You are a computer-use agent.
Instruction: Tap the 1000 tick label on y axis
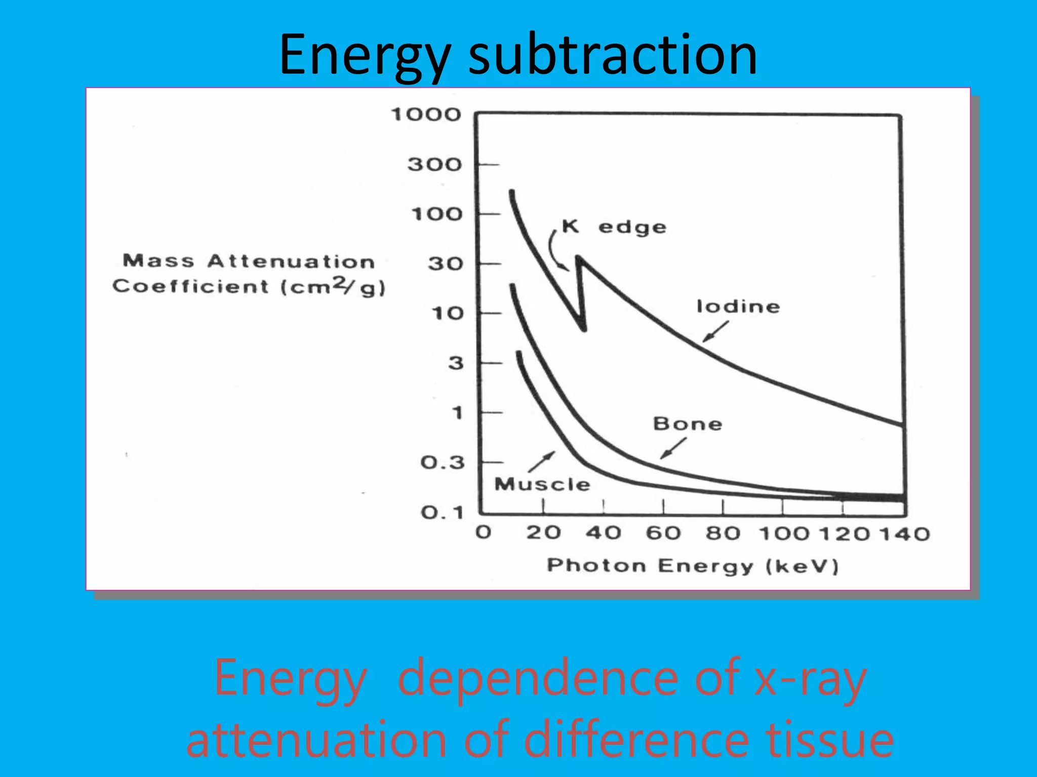tap(426, 115)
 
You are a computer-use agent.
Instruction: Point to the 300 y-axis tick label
tap(434, 164)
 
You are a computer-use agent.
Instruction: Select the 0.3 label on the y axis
tap(442, 462)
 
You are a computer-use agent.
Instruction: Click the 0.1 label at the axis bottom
tap(442, 513)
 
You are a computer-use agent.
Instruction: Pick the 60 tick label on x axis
tap(663, 533)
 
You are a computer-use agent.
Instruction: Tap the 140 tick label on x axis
tap(904, 534)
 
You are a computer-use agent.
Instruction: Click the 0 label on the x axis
tap(483, 532)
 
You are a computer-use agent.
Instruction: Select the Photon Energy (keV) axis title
tap(692, 566)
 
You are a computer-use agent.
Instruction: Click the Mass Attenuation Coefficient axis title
tap(249, 274)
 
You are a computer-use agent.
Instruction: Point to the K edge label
tap(614, 227)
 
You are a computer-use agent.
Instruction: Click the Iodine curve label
tap(738, 307)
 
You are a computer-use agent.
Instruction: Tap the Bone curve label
tap(687, 424)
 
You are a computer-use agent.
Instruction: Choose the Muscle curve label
tap(542, 484)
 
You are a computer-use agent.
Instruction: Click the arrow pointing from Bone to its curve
tap(673, 448)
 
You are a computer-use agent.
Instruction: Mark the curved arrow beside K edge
tap(556, 250)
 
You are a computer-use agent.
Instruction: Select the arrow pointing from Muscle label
tap(541, 461)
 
